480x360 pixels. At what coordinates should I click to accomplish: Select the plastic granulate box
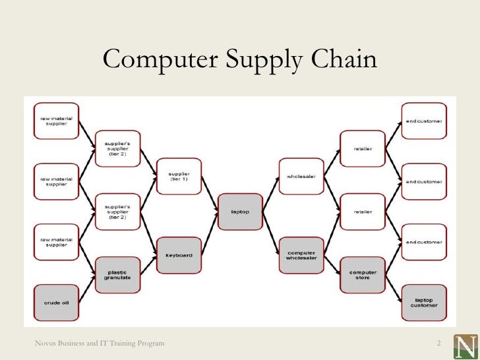(117, 274)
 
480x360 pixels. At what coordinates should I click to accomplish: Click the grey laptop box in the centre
(239, 212)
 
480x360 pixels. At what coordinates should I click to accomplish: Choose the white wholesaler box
(300, 176)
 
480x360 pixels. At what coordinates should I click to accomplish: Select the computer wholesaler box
(300, 255)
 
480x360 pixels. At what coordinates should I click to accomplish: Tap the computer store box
(362, 274)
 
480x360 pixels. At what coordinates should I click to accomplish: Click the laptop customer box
(423, 301)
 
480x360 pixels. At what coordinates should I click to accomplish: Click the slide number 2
(438, 344)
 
